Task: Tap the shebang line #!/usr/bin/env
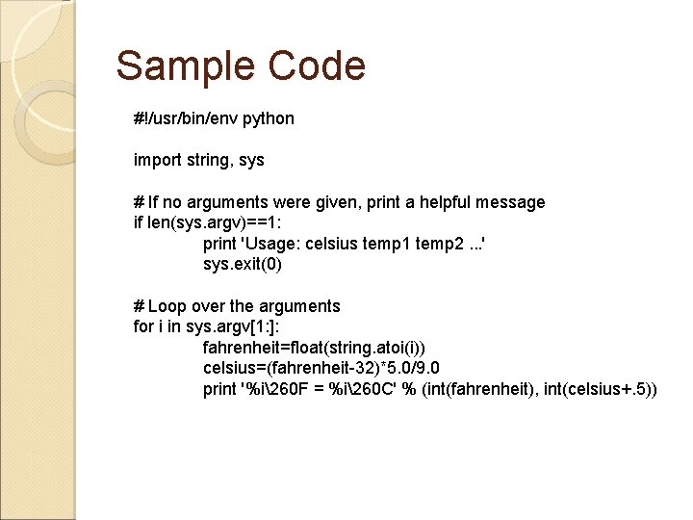pos(186,119)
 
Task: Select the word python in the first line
pos(269,119)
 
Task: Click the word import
pos(156,160)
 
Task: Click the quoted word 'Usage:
pos(271,243)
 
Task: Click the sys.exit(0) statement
pos(243,264)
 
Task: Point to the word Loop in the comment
pos(168,306)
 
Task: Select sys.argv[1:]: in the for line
pos(219,326)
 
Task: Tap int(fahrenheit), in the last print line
pos(483,389)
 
